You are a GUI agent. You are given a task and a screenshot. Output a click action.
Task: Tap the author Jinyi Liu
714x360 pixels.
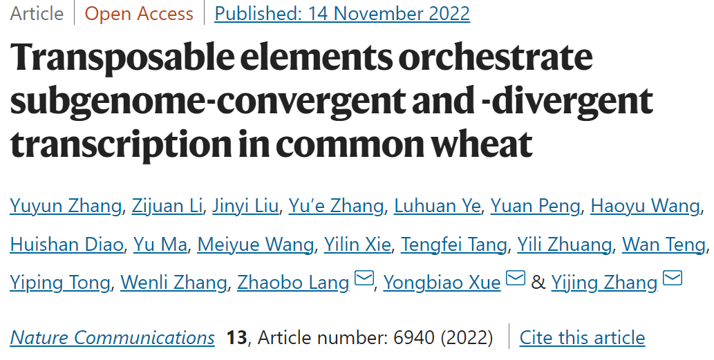(x=246, y=206)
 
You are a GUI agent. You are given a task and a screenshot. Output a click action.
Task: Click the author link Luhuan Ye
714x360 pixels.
(x=437, y=206)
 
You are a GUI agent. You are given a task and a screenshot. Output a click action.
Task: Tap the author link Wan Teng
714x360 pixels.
(x=664, y=244)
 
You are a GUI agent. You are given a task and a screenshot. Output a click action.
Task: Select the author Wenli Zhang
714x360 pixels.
(x=173, y=282)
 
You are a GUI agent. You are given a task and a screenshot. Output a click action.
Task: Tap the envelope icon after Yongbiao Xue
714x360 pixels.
(x=516, y=278)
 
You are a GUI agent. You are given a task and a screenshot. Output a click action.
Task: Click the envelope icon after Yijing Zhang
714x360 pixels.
(x=673, y=278)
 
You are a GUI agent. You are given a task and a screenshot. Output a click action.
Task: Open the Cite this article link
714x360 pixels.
(x=582, y=338)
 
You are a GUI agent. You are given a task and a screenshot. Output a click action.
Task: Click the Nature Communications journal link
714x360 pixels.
(x=113, y=338)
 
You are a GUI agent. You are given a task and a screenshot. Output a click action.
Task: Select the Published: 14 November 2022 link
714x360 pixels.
(x=342, y=14)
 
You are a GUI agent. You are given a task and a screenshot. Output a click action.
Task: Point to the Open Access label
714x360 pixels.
(x=139, y=14)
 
